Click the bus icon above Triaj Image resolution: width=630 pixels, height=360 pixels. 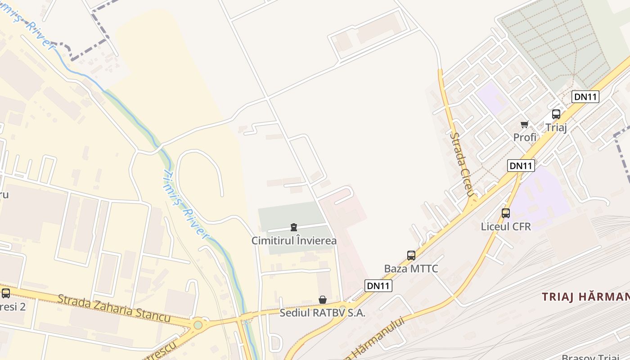point(556,114)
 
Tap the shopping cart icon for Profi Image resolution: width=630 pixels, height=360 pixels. point(524,124)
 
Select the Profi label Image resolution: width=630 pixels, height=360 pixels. point(525,137)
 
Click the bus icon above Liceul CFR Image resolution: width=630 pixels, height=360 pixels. point(506,213)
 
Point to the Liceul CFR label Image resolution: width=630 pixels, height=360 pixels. point(506,226)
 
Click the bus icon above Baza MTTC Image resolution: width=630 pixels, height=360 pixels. point(411,256)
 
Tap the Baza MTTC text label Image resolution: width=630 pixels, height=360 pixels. point(411,269)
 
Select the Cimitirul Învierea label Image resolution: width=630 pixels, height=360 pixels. point(294,241)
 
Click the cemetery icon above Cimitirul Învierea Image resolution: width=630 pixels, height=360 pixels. point(294,227)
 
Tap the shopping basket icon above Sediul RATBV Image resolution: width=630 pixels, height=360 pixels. point(323,300)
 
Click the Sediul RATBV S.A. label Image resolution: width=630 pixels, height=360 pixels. point(322,313)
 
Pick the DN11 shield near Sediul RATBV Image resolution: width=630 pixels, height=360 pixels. point(378,286)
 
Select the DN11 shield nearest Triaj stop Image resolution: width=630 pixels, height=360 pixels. point(585,96)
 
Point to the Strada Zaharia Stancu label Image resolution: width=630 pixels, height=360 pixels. point(114,309)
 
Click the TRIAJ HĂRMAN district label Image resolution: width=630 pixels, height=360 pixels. point(585,297)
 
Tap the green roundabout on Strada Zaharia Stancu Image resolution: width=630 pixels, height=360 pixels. point(198,325)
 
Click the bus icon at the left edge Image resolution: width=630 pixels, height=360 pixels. point(6,293)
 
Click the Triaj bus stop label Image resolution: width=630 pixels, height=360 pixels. point(556,127)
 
